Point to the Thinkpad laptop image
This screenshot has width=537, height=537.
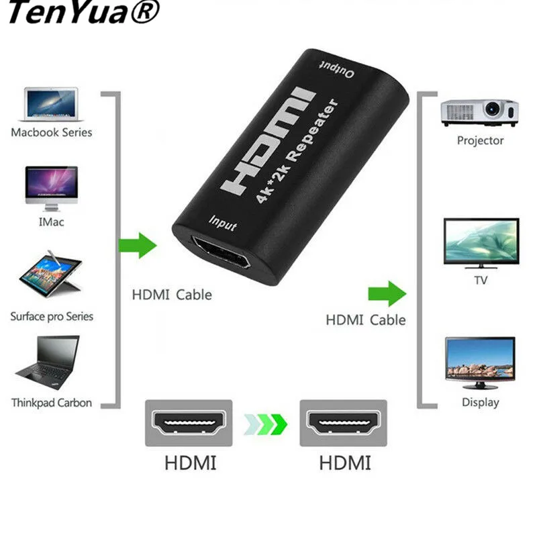pyautogui.click(x=48, y=362)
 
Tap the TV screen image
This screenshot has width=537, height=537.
pyautogui.click(x=481, y=242)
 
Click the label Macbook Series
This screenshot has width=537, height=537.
pyautogui.click(x=52, y=132)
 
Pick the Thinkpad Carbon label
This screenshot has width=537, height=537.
pyautogui.click(x=52, y=403)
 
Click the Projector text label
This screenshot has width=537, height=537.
pyautogui.click(x=480, y=141)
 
